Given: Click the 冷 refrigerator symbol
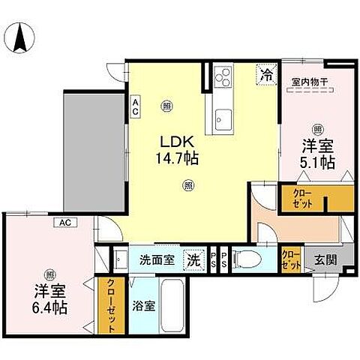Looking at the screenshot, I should [265, 74].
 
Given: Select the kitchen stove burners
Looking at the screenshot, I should [223, 76].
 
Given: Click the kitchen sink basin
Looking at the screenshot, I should [223, 118].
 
